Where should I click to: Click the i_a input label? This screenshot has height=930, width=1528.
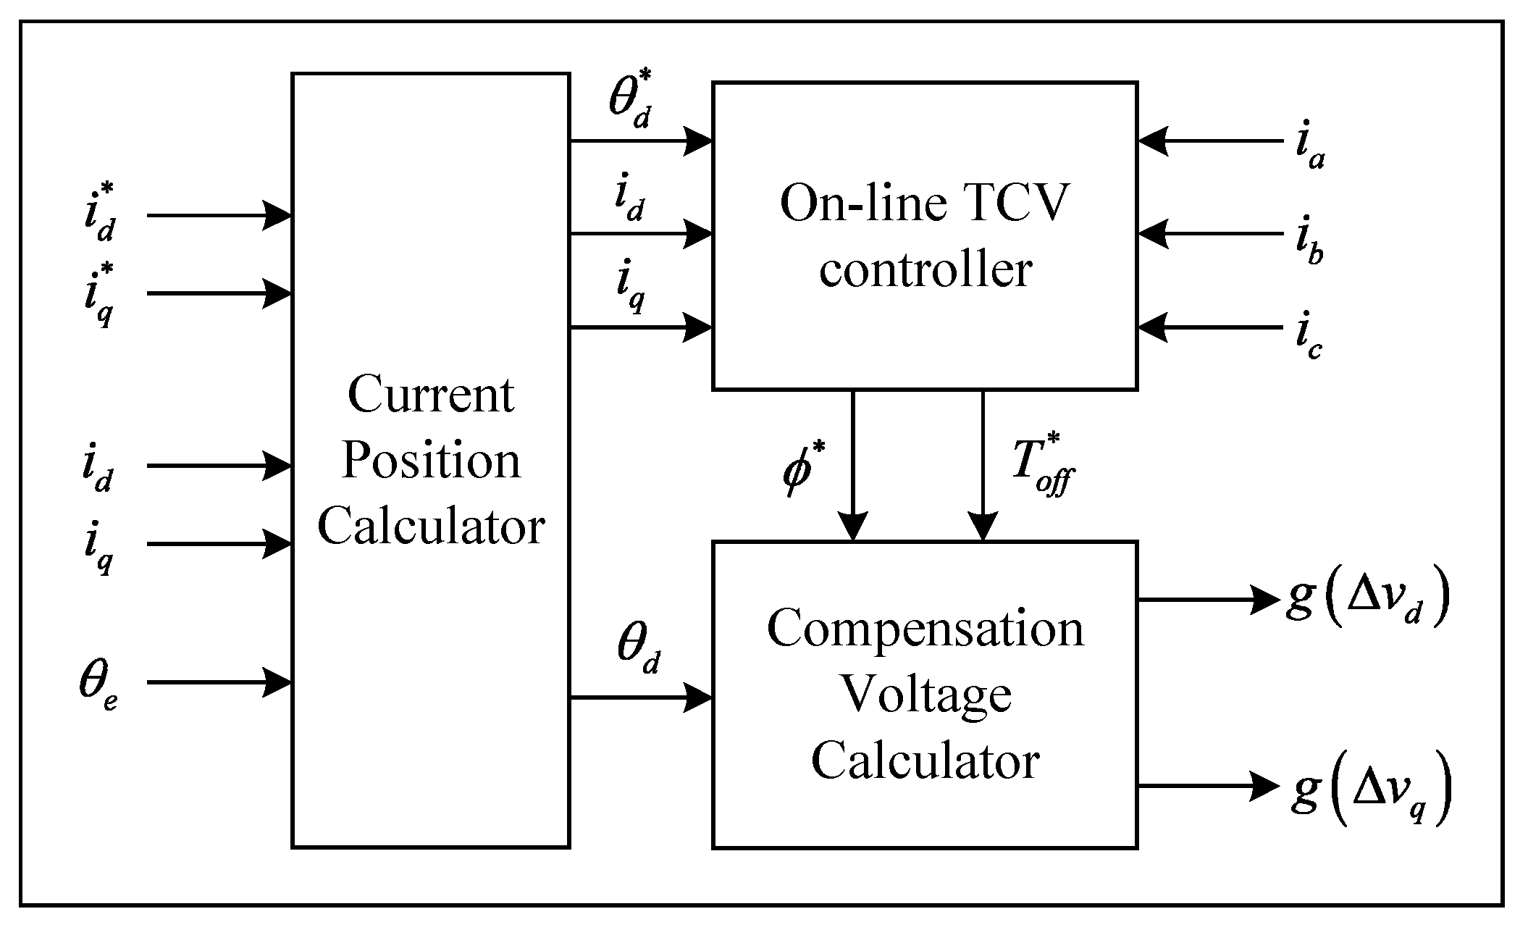click(1309, 149)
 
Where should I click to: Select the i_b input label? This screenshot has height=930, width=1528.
click(1309, 245)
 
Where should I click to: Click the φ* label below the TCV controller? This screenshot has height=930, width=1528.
click(802, 473)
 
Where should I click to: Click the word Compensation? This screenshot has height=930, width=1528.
click(925, 628)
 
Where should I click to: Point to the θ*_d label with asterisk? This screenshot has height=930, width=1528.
click(632, 103)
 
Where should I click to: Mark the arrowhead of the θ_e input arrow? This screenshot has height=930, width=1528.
click(277, 682)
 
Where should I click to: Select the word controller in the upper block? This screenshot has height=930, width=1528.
click(925, 270)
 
